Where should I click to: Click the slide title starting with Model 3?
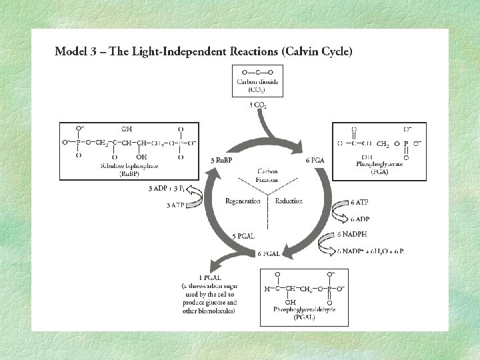(203, 51)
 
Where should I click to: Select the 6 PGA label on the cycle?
(315, 161)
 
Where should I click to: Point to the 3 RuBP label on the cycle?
(221, 161)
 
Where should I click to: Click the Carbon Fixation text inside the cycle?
(267, 176)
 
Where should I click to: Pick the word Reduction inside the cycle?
(289, 201)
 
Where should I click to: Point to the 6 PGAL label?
(269, 253)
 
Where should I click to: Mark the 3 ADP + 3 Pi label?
(170, 189)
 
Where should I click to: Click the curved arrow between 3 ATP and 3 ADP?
(198, 197)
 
